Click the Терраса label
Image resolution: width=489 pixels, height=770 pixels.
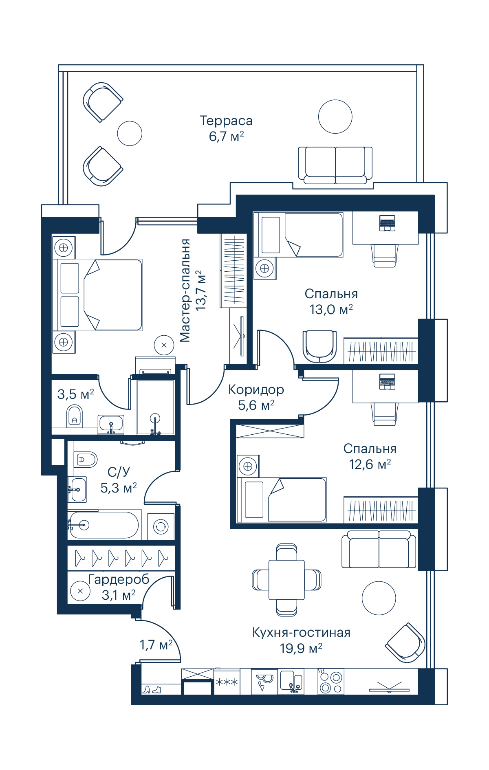(226, 121)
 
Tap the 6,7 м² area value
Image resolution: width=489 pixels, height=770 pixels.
(226, 136)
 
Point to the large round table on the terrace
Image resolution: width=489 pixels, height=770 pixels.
(335, 117)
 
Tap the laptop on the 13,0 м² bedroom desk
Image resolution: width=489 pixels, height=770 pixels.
(387, 223)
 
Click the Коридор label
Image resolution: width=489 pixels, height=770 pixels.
(256, 390)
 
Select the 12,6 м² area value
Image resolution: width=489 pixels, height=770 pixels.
(370, 464)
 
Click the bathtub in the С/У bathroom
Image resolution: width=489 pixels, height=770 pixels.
(104, 525)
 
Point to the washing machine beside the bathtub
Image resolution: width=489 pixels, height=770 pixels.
(161, 526)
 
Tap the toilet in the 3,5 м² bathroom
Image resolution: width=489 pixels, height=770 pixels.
(74, 415)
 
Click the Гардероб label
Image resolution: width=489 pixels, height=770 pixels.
(119, 579)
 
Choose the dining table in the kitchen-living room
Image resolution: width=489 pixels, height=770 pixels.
(286, 579)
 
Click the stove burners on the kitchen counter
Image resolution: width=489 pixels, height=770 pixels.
(330, 682)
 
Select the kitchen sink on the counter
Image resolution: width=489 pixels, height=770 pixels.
(291, 682)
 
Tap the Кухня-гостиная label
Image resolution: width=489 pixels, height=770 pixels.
(301, 633)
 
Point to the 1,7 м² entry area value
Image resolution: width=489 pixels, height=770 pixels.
(156, 645)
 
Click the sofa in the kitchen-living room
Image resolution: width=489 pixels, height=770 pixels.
(379, 549)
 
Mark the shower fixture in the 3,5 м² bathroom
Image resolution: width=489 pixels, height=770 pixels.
(155, 423)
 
